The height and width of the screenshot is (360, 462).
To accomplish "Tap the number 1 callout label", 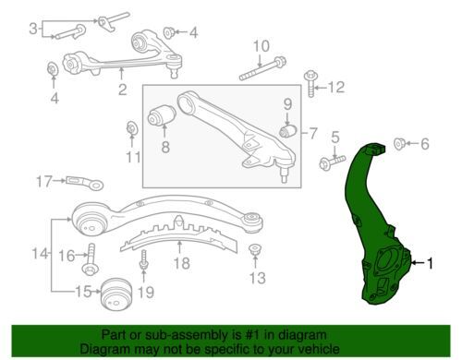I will pyautogui.click(x=429, y=264).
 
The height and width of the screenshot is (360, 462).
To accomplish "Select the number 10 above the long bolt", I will pyautogui.click(x=261, y=46).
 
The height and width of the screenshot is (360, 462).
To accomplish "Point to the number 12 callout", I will pyautogui.click(x=334, y=88).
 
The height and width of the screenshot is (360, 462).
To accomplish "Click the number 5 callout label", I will pyautogui.click(x=335, y=138).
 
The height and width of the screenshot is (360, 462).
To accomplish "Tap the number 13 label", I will pyautogui.click(x=257, y=278).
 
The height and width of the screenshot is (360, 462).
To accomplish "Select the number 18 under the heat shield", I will pyautogui.click(x=181, y=263).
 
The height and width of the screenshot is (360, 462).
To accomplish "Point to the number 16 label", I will pyautogui.click(x=67, y=255).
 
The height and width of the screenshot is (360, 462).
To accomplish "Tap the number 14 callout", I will pyautogui.click(x=39, y=253).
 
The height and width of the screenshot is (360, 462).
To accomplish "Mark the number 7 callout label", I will pyautogui.click(x=314, y=133).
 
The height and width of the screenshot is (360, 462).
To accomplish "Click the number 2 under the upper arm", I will pyautogui.click(x=121, y=90).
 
